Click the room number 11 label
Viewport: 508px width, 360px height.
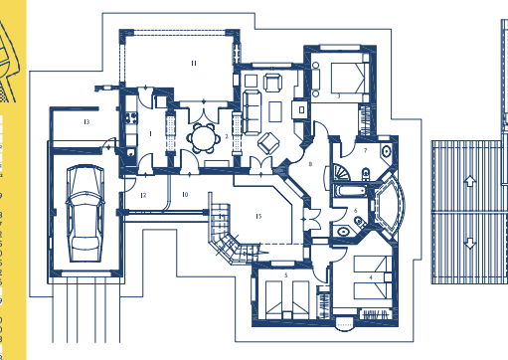tap(194, 63)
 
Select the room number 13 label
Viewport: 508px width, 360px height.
tap(86, 121)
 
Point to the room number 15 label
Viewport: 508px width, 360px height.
tap(258, 215)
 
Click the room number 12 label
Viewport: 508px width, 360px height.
tap(143, 195)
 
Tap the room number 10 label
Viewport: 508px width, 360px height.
tap(185, 195)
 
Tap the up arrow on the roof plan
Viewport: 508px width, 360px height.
tap(465, 182)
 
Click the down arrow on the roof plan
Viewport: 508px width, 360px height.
tap(465, 244)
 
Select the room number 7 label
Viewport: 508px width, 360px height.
tap(365, 149)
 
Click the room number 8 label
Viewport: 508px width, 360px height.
tap(310, 163)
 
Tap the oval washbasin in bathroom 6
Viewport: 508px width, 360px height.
tap(344, 231)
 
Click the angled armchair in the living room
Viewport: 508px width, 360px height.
tap(266, 142)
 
